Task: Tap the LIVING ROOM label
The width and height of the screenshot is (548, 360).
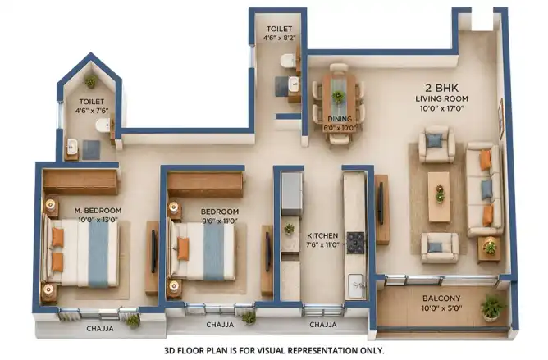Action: tap(441, 99)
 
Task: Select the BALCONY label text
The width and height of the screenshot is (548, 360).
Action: tap(441, 298)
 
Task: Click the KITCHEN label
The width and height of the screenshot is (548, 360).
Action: tap(322, 235)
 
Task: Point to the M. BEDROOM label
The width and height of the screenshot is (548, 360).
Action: tap(98, 211)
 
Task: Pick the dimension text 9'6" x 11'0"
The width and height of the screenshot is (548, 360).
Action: tap(219, 221)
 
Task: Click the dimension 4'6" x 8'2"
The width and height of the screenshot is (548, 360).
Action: tap(279, 38)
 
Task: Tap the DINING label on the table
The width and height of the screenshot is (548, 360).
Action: tap(340, 119)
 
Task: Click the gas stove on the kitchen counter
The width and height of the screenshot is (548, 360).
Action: tap(355, 242)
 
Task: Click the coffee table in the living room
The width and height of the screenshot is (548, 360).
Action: tap(439, 197)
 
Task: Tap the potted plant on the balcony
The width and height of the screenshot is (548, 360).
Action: tap(493, 308)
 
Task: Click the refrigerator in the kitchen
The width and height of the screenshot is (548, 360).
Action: tap(292, 194)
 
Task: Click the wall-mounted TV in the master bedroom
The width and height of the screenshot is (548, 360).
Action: tap(153, 251)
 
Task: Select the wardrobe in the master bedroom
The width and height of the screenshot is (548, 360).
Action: tap(80, 182)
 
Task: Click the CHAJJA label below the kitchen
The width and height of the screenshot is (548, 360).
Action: tap(323, 325)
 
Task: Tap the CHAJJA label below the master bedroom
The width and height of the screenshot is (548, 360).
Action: tap(100, 329)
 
